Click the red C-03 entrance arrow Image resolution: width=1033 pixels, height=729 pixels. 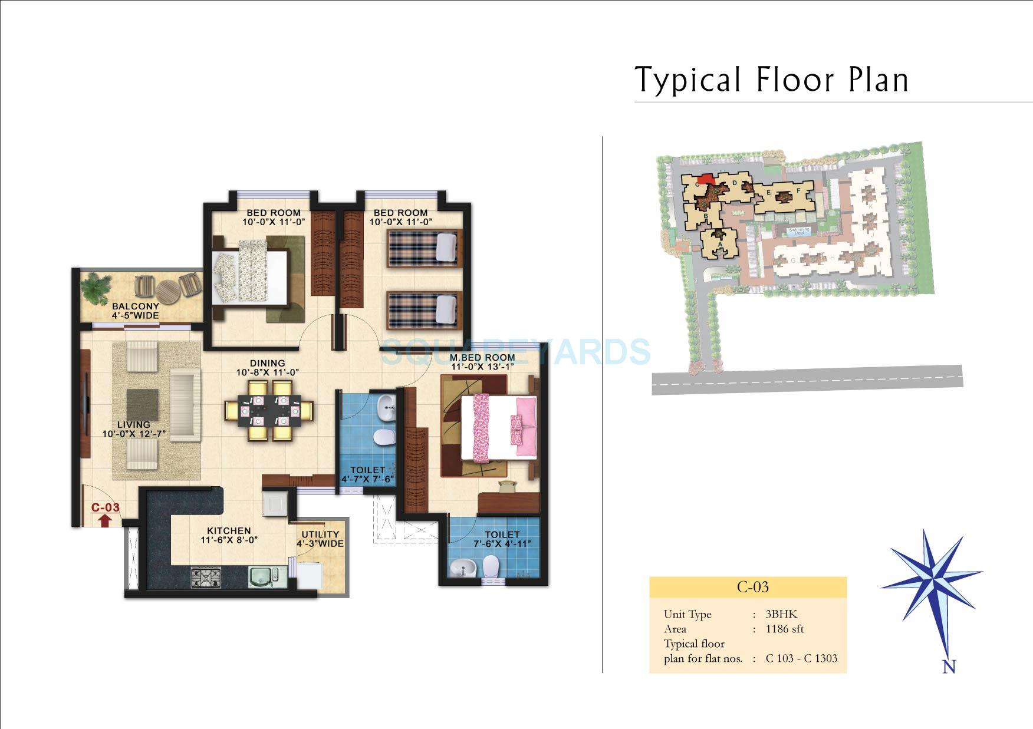point(104,520)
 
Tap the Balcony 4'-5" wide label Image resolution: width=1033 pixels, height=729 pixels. point(136,311)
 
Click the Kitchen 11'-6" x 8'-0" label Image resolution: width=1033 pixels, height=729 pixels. point(229,535)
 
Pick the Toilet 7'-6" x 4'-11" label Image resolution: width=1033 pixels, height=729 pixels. point(502,539)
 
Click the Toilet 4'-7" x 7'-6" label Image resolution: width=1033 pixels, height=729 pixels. point(367,474)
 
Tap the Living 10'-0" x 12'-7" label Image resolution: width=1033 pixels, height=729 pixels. point(134,429)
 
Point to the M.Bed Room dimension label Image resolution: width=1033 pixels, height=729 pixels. point(482,362)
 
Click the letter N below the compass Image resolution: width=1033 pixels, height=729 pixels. point(949,667)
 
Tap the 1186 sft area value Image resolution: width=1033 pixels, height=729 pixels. point(784,629)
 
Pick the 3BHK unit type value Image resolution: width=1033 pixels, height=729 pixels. point(781,614)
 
